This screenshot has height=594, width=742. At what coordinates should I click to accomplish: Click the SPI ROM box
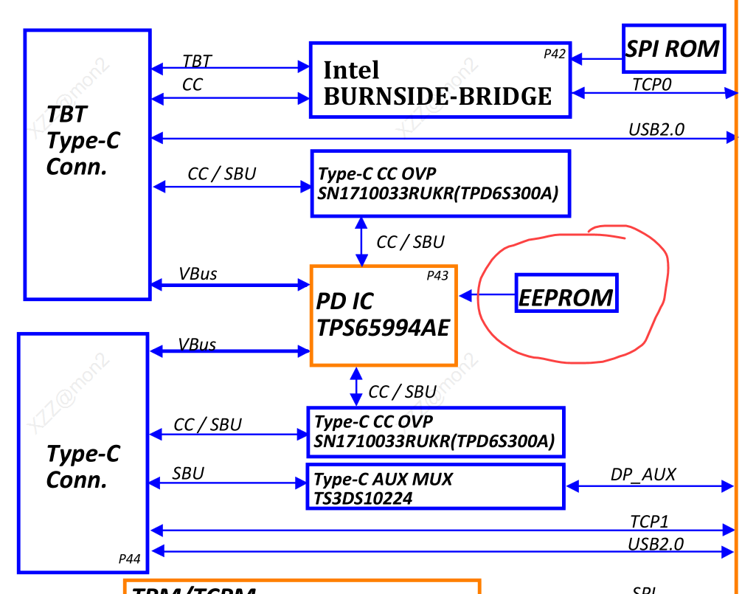point(673,49)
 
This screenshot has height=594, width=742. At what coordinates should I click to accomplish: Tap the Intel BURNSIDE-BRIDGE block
point(440,80)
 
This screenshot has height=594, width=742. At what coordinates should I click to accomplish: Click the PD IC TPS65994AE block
point(384,315)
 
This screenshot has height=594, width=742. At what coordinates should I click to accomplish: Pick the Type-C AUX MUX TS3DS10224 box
point(435,487)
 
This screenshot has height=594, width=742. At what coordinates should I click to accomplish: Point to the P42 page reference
point(554,54)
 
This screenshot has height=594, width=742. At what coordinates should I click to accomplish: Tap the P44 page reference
point(129,559)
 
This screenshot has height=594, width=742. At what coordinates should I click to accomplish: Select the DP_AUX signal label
point(642,474)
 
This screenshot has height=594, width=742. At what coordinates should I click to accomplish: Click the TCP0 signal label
point(652,85)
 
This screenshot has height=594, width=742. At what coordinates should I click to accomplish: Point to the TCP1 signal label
point(649,522)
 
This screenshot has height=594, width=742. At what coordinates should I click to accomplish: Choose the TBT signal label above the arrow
point(197,62)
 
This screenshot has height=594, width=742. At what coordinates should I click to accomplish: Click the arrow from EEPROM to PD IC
point(487,295)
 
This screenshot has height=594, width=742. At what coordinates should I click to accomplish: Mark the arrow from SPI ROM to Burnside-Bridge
point(597,58)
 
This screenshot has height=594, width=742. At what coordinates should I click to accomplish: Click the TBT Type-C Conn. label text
point(83,140)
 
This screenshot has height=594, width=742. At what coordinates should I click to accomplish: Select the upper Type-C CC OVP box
point(440,184)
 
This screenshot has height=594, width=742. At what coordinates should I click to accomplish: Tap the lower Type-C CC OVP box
point(435,432)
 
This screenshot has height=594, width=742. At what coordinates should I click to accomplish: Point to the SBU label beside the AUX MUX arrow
point(188,473)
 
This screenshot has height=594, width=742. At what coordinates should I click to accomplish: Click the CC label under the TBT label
point(192,85)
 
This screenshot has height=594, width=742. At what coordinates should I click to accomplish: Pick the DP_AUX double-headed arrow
point(649,486)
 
